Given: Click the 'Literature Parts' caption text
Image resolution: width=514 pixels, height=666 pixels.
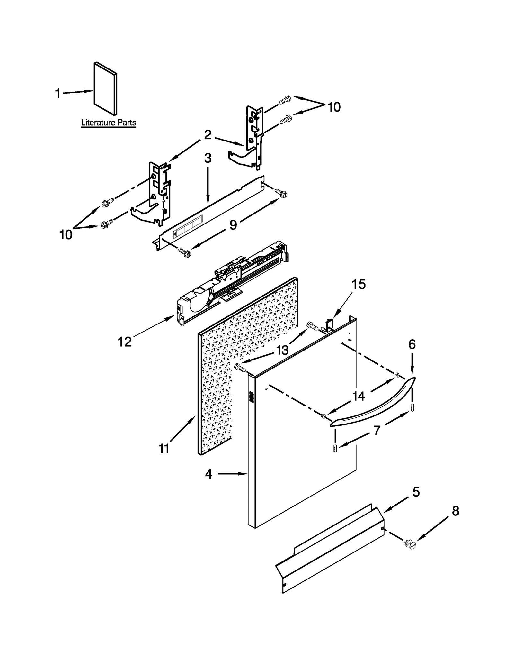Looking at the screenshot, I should click(108, 123).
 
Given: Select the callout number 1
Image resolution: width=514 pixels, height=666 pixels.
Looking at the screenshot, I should click(58, 94).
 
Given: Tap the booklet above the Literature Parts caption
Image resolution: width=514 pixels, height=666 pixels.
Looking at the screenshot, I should click(105, 88).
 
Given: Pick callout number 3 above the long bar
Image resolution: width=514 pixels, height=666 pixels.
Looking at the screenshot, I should click(208, 158).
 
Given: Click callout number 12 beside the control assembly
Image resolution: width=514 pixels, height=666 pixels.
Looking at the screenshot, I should click(125, 342).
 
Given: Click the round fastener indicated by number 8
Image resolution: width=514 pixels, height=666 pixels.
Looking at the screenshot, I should click(411, 544).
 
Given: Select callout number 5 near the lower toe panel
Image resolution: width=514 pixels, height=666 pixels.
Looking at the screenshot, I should click(416, 492).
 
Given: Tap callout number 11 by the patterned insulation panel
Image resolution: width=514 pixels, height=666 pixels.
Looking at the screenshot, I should click(164, 448).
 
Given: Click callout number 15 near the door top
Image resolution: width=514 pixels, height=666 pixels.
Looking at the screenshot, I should click(358, 284).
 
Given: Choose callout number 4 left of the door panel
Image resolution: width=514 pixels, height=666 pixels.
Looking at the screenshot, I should click(209, 474).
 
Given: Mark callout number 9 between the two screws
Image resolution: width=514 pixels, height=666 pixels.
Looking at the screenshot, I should click(234, 225).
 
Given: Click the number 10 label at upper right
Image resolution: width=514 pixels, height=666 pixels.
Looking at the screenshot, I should click(334, 107).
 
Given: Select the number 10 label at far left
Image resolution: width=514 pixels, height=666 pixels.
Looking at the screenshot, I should click(66, 235).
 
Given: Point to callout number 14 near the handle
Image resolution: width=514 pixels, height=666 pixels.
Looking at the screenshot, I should click(359, 396).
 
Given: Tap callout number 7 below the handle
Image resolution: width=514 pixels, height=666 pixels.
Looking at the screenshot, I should click(377, 430).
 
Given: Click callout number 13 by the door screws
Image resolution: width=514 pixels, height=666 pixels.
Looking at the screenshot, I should click(282, 350).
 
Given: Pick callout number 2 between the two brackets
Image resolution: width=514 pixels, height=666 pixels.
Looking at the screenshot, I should click(208, 135).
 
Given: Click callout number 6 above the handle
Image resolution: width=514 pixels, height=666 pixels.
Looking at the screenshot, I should click(412, 344).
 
